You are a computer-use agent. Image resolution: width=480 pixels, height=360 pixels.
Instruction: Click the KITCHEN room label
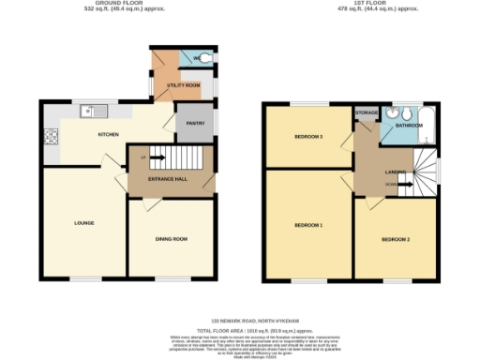(109, 135)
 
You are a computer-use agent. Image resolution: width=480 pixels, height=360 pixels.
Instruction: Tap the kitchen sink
(88, 111)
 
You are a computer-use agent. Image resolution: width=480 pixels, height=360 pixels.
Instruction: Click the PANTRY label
(195, 123)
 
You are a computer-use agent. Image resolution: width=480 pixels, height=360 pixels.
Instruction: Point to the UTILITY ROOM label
(185, 85)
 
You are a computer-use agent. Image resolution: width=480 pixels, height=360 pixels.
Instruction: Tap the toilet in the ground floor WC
(204, 59)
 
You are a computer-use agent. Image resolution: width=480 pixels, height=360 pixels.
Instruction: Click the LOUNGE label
(84, 222)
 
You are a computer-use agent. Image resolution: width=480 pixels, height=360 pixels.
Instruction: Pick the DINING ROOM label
(172, 238)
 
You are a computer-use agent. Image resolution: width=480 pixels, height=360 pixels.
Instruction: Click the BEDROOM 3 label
(308, 137)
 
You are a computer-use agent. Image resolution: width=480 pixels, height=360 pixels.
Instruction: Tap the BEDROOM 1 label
(308, 225)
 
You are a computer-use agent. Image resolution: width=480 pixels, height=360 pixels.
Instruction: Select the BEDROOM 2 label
(395, 239)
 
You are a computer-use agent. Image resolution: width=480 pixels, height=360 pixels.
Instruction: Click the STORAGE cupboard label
(367, 112)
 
